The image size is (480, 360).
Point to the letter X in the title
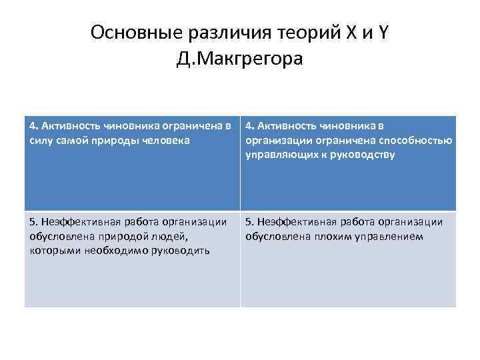(x=349, y=32)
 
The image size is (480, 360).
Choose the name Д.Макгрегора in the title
(x=240, y=59)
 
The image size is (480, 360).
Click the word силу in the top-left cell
(x=41, y=140)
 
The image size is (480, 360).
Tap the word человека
(x=167, y=140)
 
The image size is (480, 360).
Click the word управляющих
(x=275, y=155)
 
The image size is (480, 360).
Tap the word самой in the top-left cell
(x=75, y=140)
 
